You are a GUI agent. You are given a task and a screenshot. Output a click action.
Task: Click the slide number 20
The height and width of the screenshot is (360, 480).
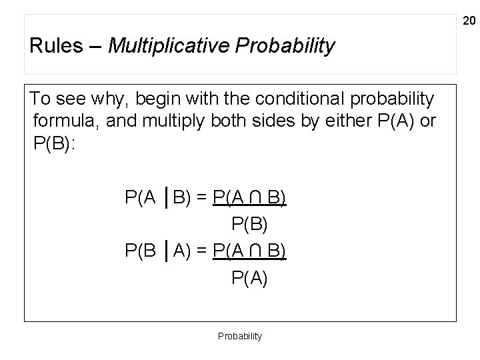click(x=468, y=22)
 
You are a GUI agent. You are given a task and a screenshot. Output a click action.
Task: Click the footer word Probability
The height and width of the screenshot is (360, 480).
click(x=240, y=336)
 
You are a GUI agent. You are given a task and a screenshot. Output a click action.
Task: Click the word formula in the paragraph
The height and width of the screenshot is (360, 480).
click(x=64, y=121)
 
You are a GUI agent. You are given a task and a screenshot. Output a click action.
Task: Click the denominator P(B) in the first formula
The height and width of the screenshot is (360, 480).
click(x=249, y=223)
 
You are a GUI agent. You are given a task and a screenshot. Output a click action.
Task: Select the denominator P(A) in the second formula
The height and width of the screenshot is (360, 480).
click(x=249, y=277)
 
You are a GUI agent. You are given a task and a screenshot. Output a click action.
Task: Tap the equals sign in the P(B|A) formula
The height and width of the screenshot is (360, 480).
click(x=201, y=251)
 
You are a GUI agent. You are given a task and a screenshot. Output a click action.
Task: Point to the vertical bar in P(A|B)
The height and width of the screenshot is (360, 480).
click(x=165, y=198)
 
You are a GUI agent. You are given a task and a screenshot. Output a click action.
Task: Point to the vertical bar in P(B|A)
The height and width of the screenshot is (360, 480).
click(x=165, y=251)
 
